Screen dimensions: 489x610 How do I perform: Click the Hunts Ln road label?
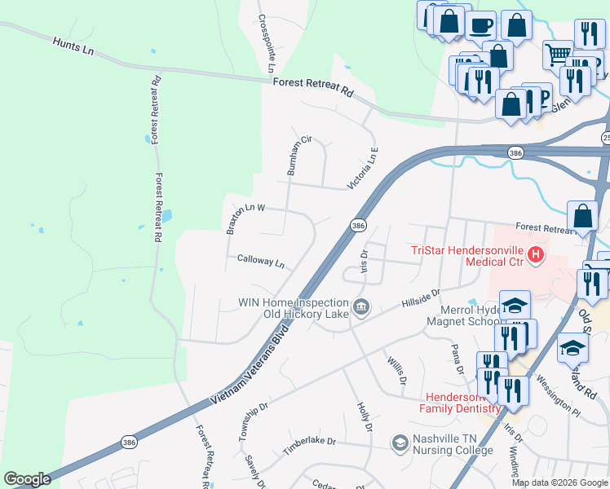pos(73,46)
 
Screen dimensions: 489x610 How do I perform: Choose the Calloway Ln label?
pos(260,262)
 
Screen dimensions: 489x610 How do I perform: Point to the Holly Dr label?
pos(365,416)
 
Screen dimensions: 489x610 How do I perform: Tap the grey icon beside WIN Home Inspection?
pos(362,308)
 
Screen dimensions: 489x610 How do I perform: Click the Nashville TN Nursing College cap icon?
pos(400,443)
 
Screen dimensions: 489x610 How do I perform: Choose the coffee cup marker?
pos(480,25)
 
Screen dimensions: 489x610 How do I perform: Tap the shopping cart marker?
pos(558,54)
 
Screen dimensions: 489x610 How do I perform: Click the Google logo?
pos(27,479)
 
